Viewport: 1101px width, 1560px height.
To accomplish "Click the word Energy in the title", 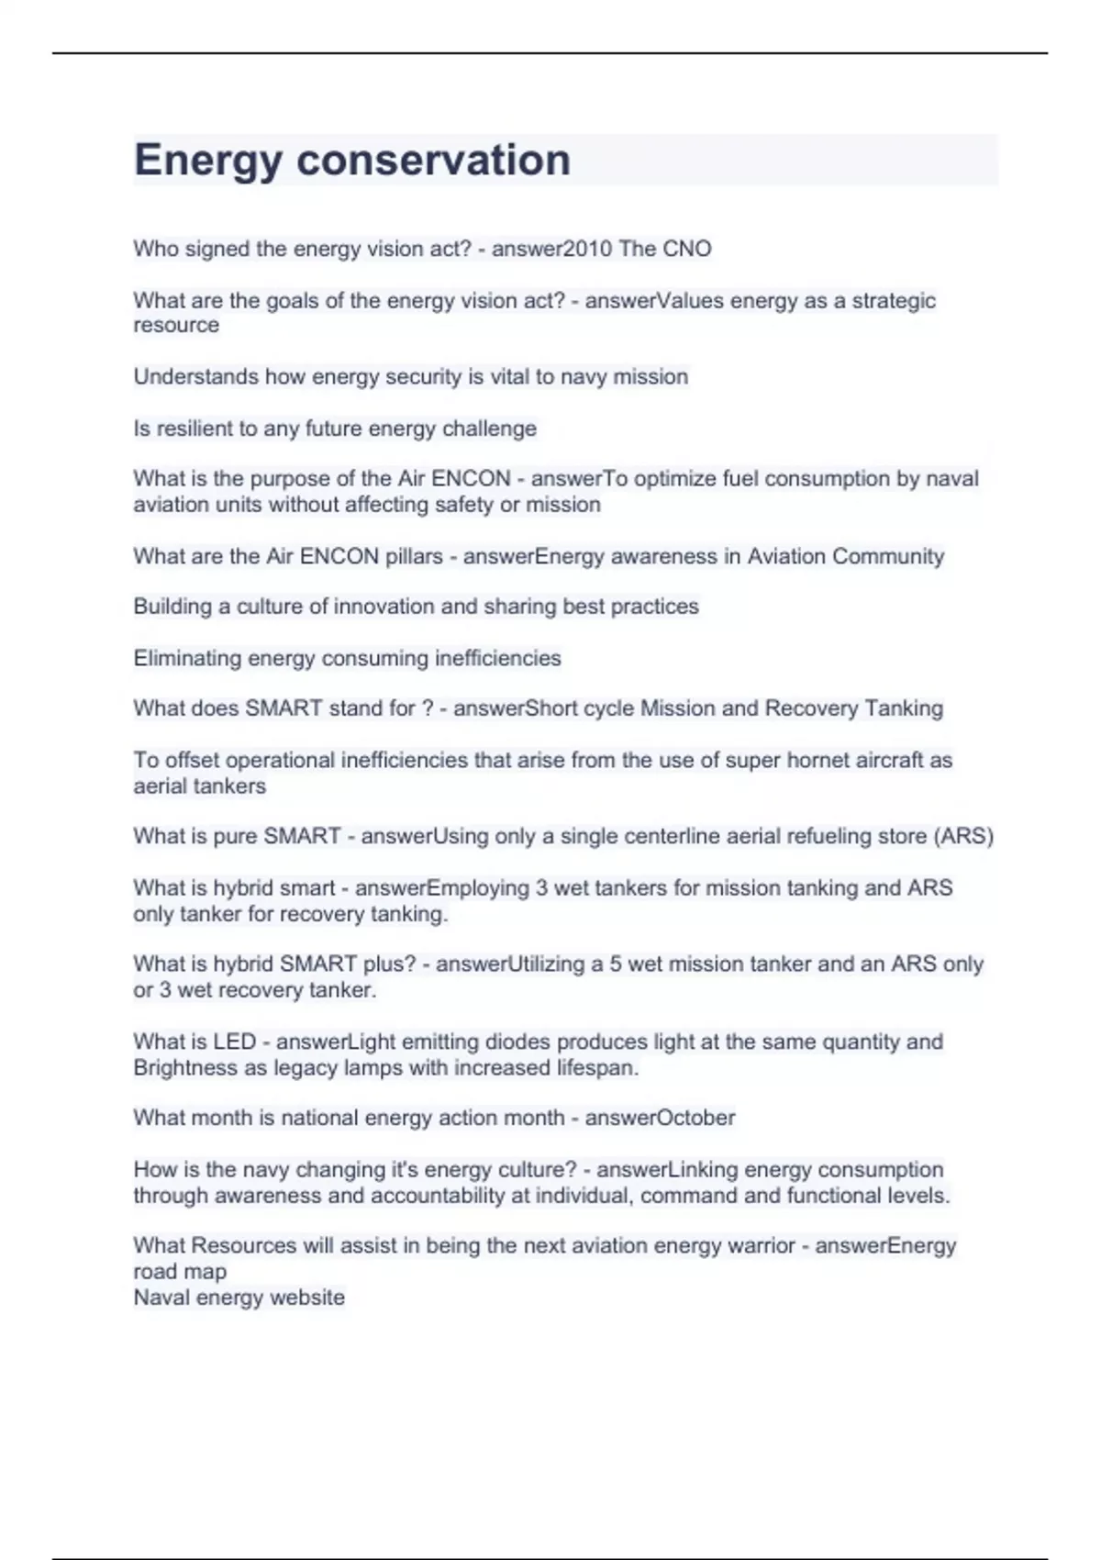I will (x=207, y=161).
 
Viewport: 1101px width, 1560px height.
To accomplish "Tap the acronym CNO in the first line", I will (x=687, y=249).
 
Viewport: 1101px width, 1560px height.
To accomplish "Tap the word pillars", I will (x=410, y=556).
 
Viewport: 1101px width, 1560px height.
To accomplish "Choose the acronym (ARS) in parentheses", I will (x=963, y=837).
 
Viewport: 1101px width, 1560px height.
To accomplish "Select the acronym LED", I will (x=235, y=1042).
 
